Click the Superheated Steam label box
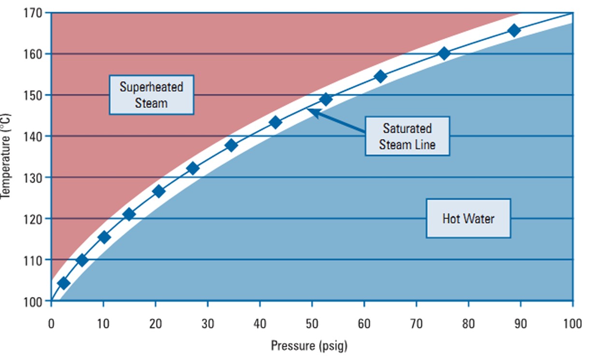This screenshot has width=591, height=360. click(151, 95)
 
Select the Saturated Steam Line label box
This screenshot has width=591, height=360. click(407, 136)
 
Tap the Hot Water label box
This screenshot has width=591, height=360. click(468, 218)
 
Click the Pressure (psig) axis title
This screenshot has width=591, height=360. click(309, 346)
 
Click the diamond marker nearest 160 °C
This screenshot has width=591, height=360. click(444, 54)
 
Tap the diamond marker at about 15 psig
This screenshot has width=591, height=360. click(129, 215)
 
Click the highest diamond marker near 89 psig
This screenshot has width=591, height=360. click(514, 30)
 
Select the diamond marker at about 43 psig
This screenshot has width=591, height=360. click(275, 122)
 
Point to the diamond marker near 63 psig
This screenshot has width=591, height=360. click(380, 76)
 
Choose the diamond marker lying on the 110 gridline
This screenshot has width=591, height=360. click(82, 260)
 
